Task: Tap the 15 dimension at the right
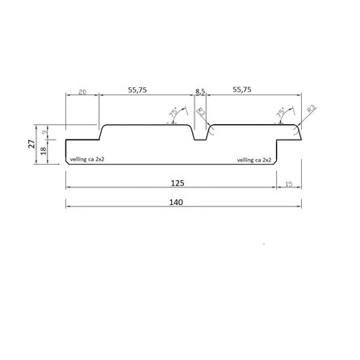pyautogui.click(x=289, y=184)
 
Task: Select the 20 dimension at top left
pyautogui.click(x=82, y=92)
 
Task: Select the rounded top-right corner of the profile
pyautogui.click(x=297, y=128)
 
